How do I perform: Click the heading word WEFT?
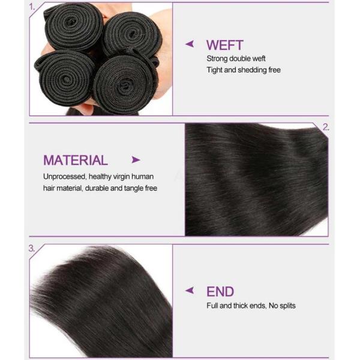click(224, 45)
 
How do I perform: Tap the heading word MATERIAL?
click(75, 160)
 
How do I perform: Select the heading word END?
click(220, 292)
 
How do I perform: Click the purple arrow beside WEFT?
click(190, 44)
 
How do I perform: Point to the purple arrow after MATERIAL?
click(136, 160)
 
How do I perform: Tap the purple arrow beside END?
click(190, 290)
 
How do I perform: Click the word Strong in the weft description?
click(217, 59)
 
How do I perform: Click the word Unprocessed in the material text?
click(64, 177)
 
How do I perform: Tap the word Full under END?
click(212, 305)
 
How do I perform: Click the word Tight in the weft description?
click(215, 70)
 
